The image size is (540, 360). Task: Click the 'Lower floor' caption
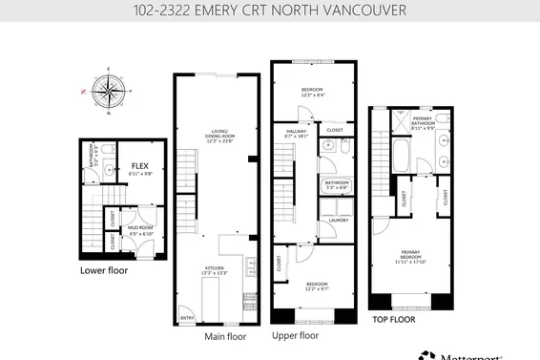coord(104,270)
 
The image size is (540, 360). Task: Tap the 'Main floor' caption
coord(225,336)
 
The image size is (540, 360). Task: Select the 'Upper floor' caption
coord(296,335)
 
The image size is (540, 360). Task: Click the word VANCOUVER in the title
coord(368,11)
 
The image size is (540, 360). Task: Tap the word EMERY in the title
coord(218,11)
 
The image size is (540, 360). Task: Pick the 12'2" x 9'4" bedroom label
coord(314,92)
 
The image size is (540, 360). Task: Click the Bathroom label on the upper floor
coord(337,184)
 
